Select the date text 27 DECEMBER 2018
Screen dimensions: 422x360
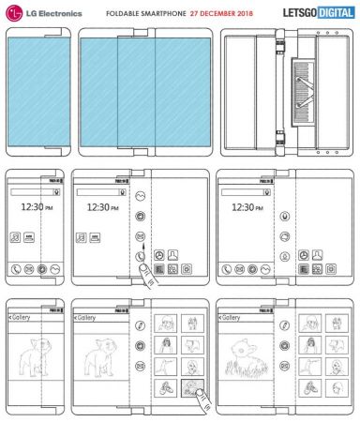[x=222, y=13]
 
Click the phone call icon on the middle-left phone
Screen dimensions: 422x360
[x=16, y=268]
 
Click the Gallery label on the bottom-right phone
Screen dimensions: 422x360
[x=238, y=320]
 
